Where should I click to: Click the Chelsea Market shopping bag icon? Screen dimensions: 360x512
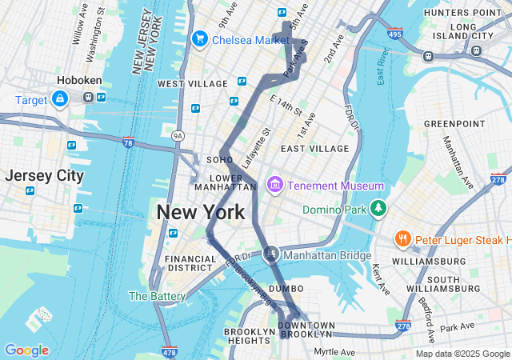[199, 38]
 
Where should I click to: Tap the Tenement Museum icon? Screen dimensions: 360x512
[275, 186]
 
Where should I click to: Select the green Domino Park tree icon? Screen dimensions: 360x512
[378, 210]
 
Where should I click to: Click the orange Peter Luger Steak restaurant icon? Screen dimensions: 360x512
[403, 239]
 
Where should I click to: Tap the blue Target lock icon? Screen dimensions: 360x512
[59, 98]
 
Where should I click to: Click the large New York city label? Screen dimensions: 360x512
[200, 213]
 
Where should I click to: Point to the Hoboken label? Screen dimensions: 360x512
[78, 81]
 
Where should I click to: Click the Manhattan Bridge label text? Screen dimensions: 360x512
[327, 256]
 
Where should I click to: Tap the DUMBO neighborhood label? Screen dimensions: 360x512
[286, 288]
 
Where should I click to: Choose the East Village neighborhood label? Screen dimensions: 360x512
[314, 149]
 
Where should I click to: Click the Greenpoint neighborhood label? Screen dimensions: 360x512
[454, 123]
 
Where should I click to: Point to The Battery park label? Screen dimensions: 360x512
[157, 296]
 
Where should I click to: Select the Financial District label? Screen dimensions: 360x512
[190, 264]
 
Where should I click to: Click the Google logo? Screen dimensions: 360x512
[26, 350]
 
